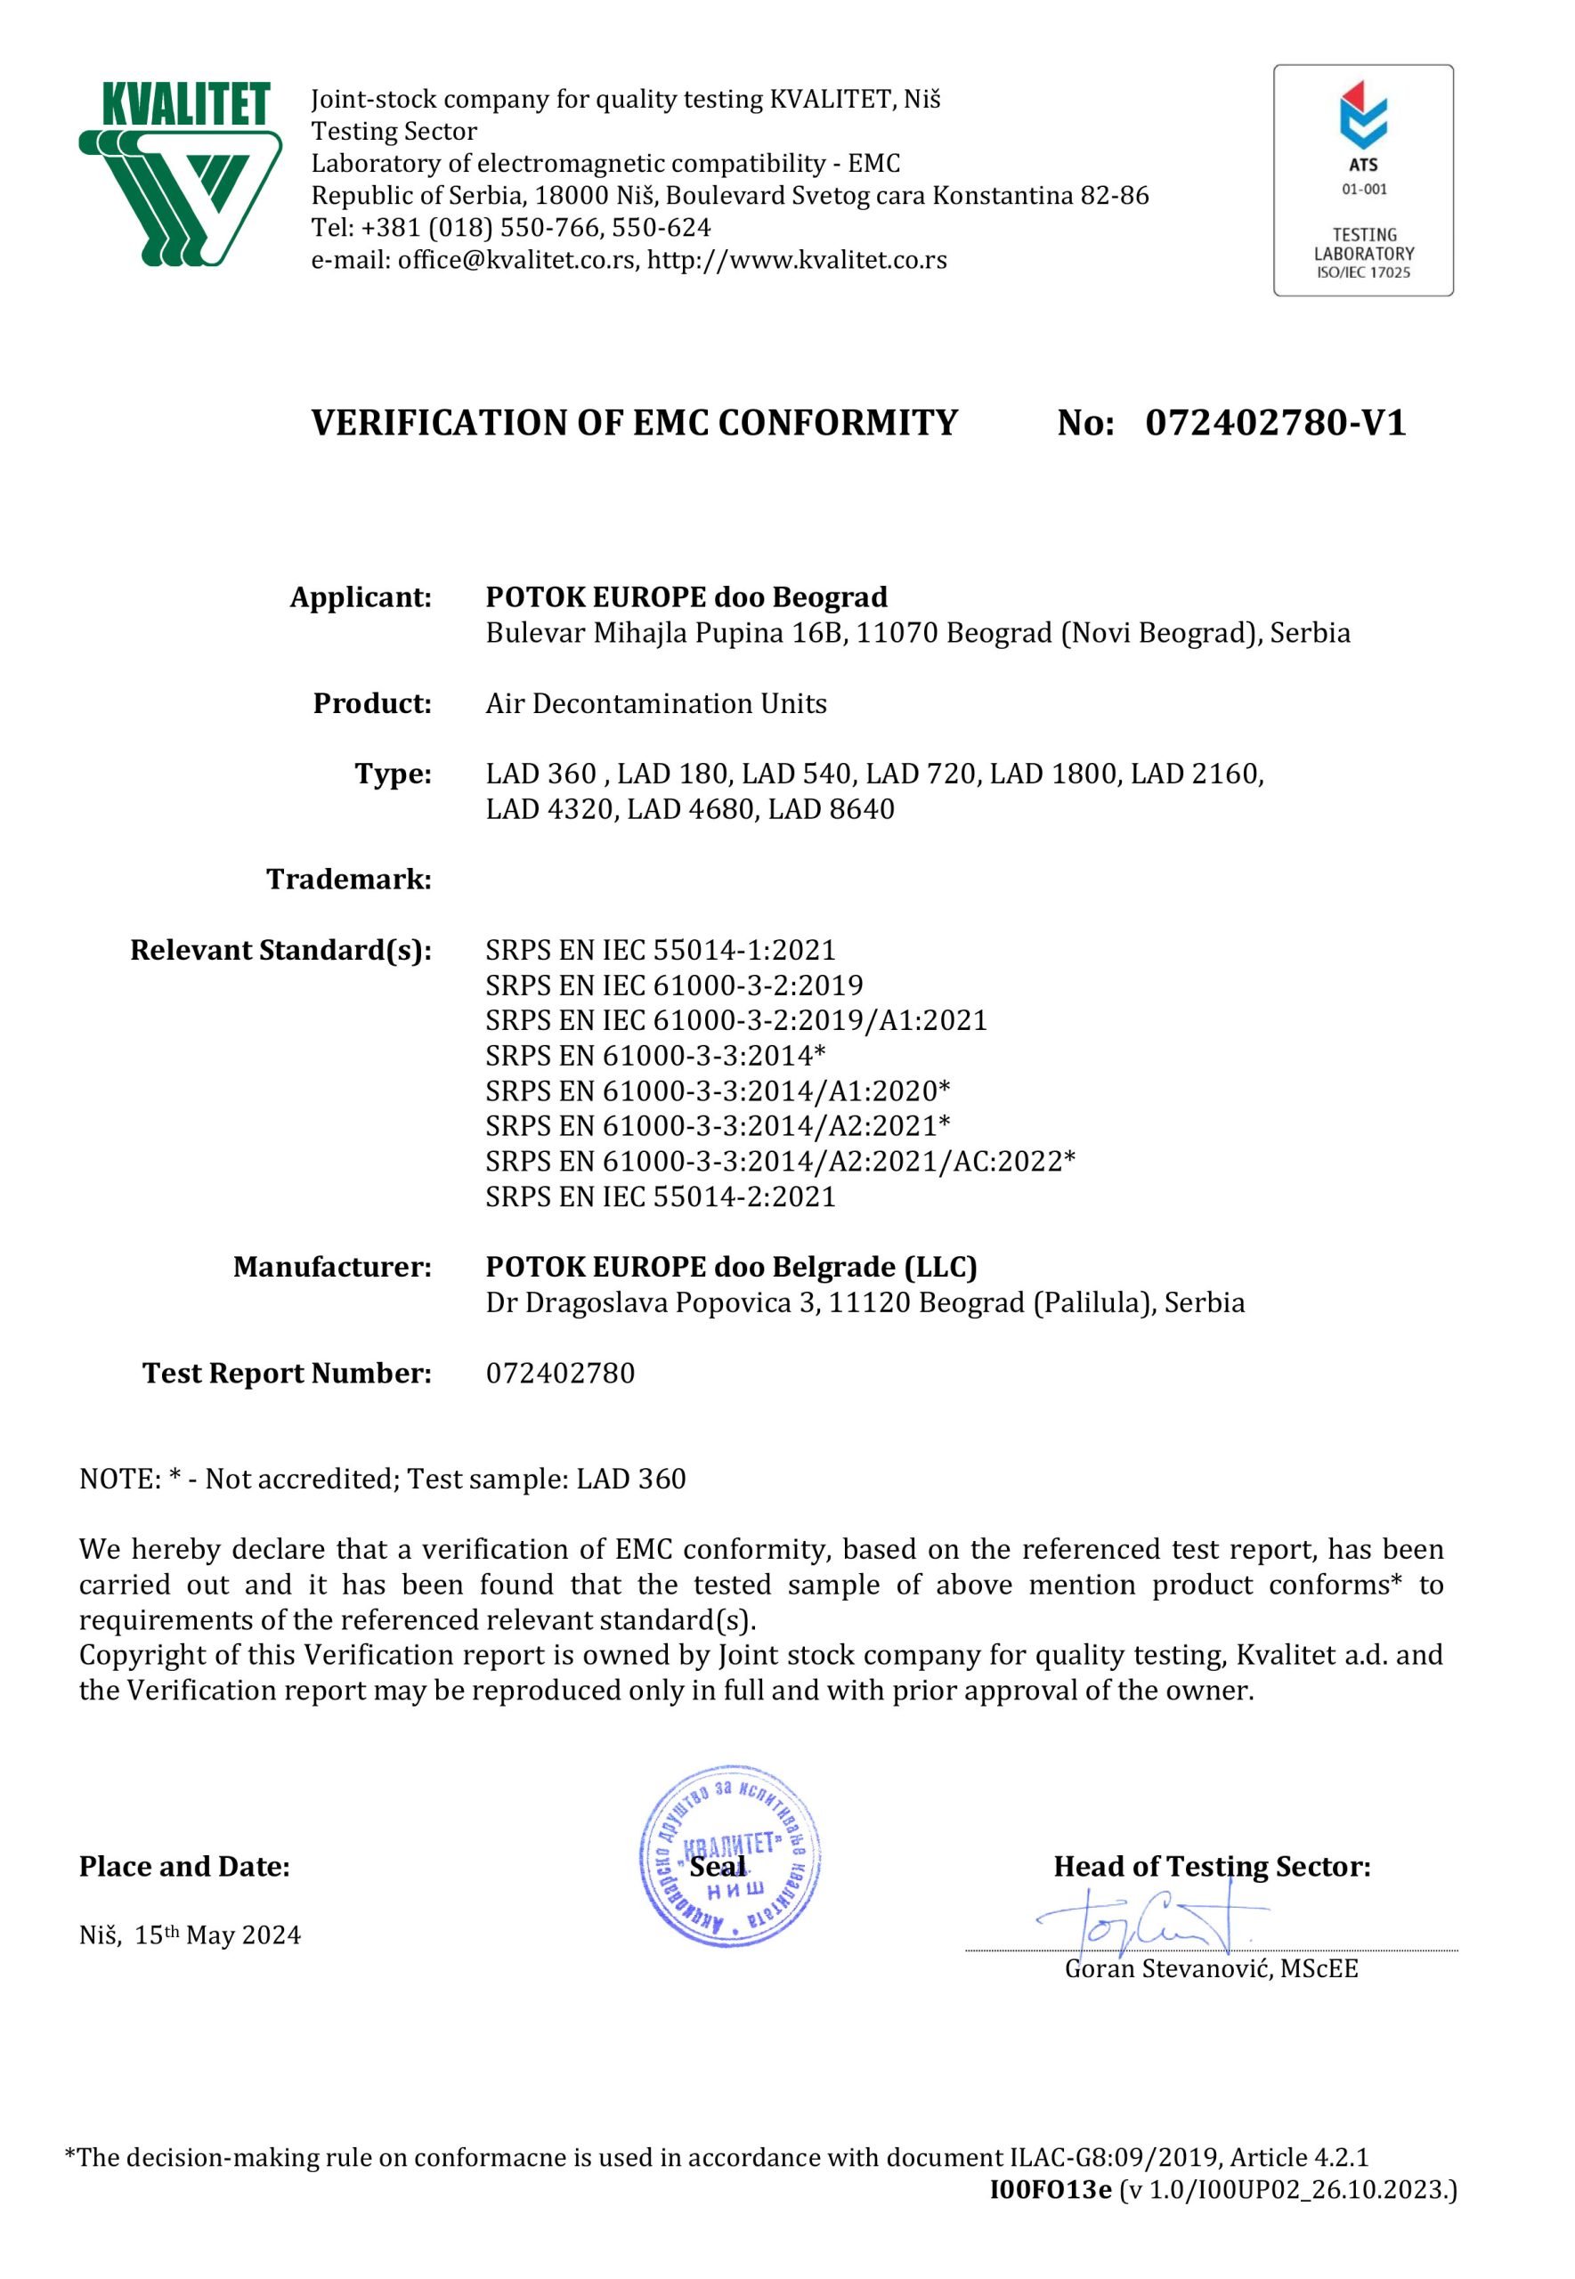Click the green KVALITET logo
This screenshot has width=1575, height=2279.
pyautogui.click(x=180, y=174)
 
